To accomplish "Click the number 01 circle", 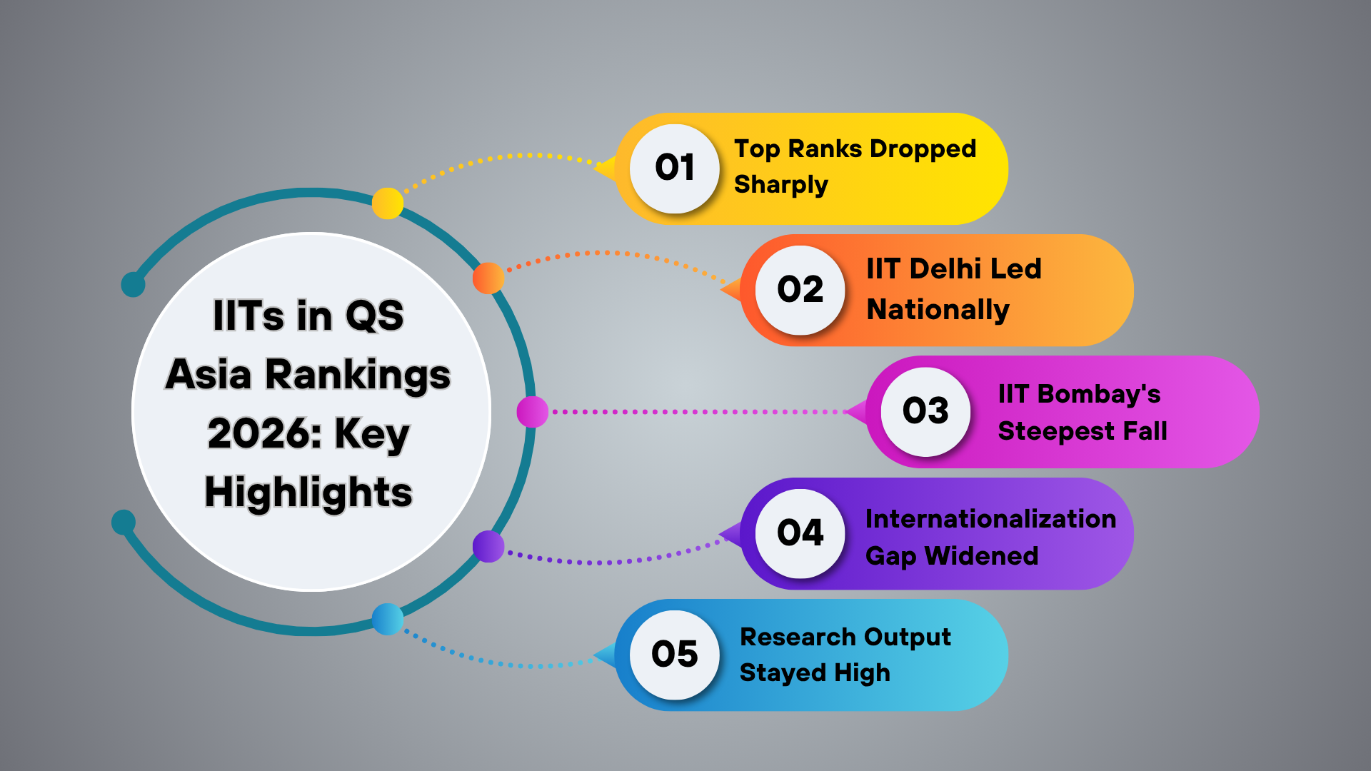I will pyautogui.click(x=674, y=168).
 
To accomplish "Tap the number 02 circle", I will pyautogui.click(x=800, y=290).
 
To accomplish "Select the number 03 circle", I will pyautogui.click(x=925, y=411).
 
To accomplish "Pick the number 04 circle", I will pyautogui.click(x=800, y=533).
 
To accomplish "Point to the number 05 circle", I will pyautogui.click(x=674, y=655).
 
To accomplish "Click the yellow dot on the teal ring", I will pyautogui.click(x=388, y=203).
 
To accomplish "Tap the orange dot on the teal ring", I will pyautogui.click(x=488, y=278).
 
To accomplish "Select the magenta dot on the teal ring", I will pyautogui.click(x=532, y=412).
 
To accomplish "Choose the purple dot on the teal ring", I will pyautogui.click(x=488, y=546).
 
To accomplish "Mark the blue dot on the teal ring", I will pyautogui.click(x=388, y=619).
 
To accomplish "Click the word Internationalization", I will pyautogui.click(x=990, y=519).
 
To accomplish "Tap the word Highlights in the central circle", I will pyautogui.click(x=308, y=493).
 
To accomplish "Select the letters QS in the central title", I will pyautogui.click(x=374, y=316).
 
